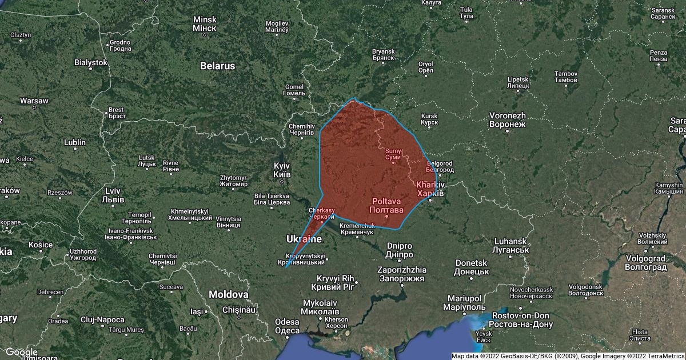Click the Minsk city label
coord(205,23)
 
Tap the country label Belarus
coord(217,66)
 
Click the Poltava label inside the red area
coord(387,206)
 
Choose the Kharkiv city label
coord(430,189)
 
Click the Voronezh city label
coord(508,119)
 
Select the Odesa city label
coord(287,326)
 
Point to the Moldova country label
coord(229,294)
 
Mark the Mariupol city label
coord(465,303)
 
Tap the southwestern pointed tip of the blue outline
coord(285,267)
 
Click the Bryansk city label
coord(384,54)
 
